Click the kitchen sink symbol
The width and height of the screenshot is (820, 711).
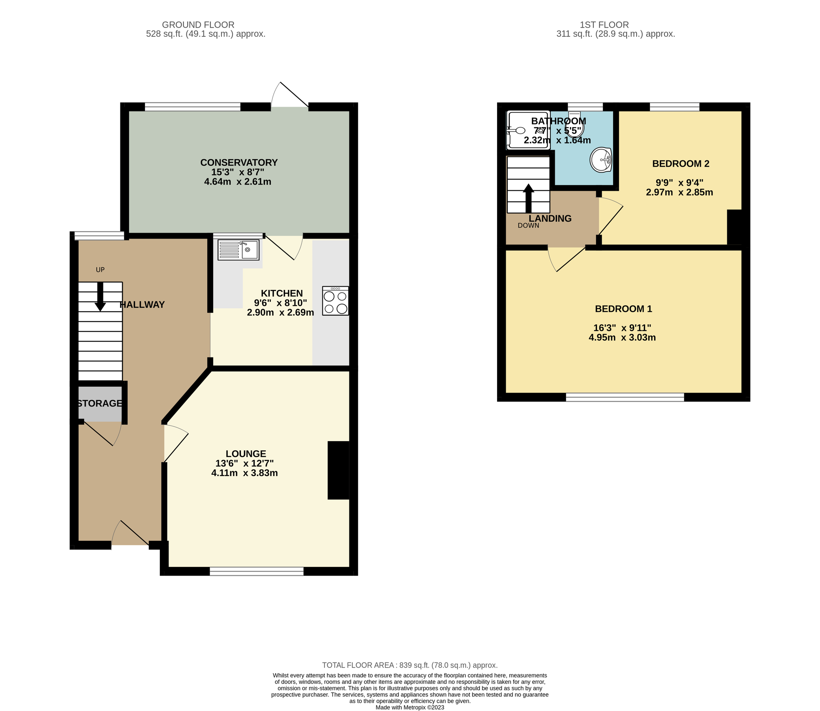(x=238, y=250)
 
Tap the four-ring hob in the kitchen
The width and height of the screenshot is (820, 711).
(x=336, y=301)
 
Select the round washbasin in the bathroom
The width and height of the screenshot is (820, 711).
(x=601, y=160)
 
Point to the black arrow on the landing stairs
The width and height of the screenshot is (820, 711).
(x=529, y=198)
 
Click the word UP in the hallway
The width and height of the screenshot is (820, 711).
(x=100, y=270)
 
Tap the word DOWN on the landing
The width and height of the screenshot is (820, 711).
(x=528, y=226)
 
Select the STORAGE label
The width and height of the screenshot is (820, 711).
(x=99, y=404)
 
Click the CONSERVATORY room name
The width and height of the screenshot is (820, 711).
(x=239, y=163)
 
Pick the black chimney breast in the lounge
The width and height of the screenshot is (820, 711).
(x=338, y=470)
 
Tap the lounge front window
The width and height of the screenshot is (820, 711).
(x=257, y=571)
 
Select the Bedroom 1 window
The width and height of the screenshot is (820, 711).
(x=625, y=397)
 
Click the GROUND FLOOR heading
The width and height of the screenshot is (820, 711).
(x=198, y=24)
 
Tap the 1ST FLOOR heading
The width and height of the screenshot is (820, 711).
(x=604, y=24)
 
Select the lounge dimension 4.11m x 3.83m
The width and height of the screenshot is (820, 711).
(x=245, y=473)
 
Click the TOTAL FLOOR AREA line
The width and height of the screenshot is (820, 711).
(x=409, y=665)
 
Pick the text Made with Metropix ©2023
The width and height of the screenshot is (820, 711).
(x=409, y=707)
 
